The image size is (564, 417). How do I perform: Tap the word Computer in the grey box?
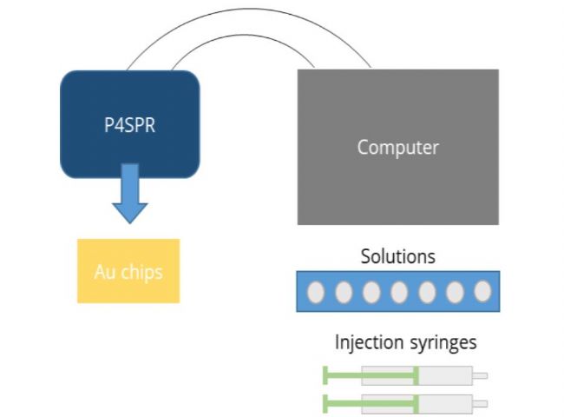tap(397, 147)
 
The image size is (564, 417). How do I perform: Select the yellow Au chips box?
tap(128, 271)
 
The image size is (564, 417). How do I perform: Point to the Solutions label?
tap(397, 256)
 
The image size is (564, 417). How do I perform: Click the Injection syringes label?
tap(405, 342)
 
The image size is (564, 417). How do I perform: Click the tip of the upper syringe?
tap(480, 376)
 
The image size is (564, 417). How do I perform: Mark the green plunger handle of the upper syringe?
tap(325, 376)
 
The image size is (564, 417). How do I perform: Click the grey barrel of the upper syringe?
tap(445, 376)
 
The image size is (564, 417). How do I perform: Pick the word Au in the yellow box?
tap(103, 272)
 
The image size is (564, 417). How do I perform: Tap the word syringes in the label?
tap(442, 343)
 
